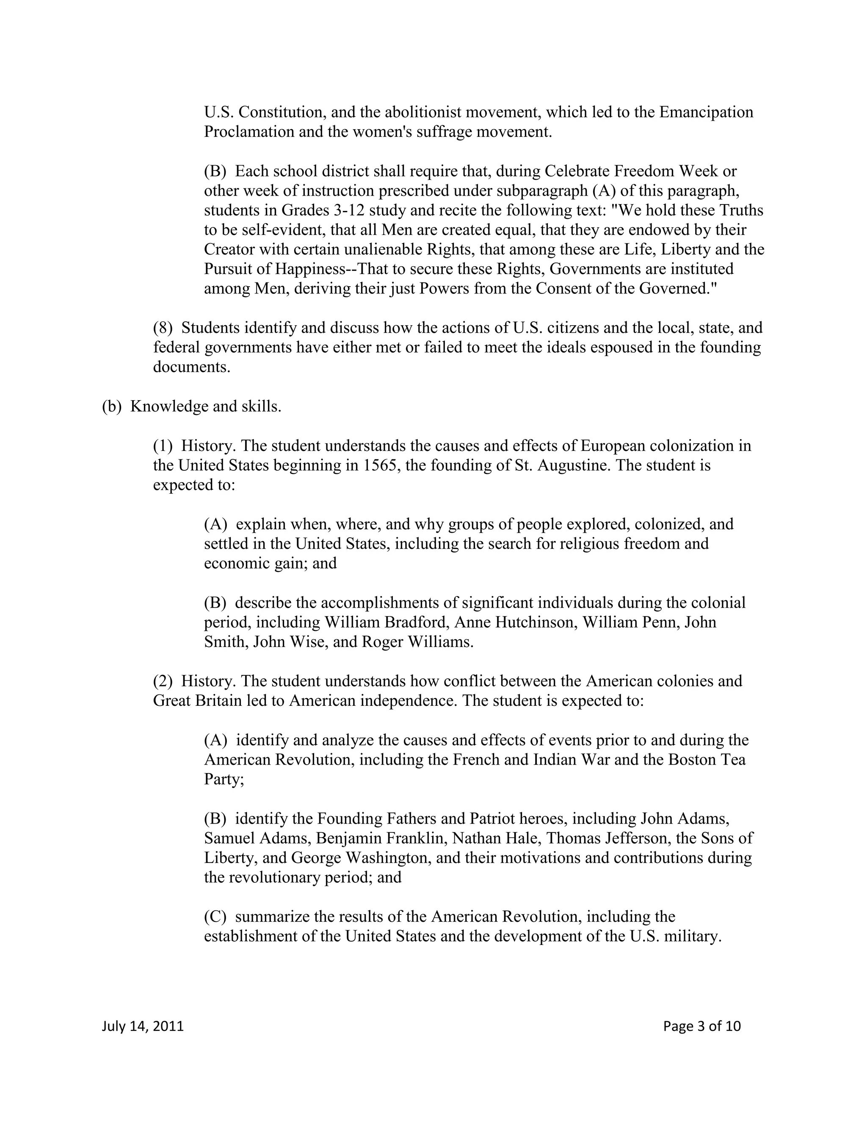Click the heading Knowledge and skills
[205, 406]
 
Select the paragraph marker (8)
[163, 328]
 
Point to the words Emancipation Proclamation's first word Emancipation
[706, 112]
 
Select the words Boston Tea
[707, 760]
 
